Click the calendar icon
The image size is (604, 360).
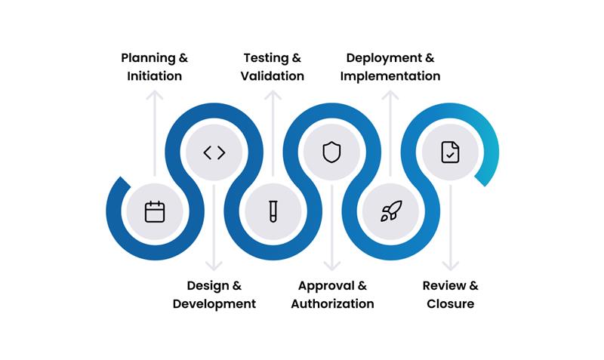(155, 211)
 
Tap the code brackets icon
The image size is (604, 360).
(214, 152)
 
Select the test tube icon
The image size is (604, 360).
(273, 211)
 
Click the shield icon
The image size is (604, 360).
(331, 152)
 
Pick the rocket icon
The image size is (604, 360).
(390, 211)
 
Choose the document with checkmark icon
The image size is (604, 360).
(450, 152)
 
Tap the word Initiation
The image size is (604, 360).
(154, 75)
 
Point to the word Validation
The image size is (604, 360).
(273, 75)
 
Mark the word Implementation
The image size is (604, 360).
(390, 75)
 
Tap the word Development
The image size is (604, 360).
(214, 303)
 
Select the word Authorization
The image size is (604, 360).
(332, 303)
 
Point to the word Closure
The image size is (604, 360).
(450, 303)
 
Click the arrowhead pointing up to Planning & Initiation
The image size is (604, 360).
(155, 95)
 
